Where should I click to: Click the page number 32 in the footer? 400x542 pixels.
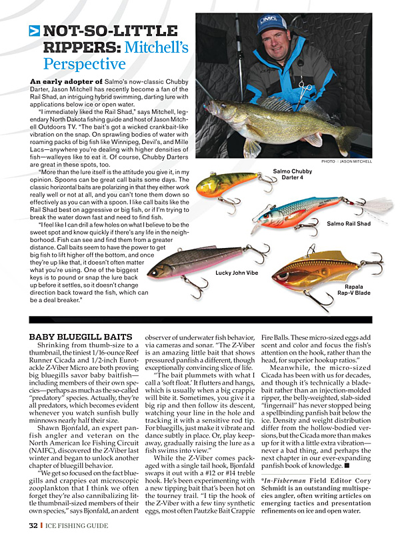[32, 525]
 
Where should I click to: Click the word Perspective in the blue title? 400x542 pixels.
[84, 65]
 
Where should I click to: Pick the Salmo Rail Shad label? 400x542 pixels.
[348, 223]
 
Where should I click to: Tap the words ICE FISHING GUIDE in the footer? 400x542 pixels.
[77, 525]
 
